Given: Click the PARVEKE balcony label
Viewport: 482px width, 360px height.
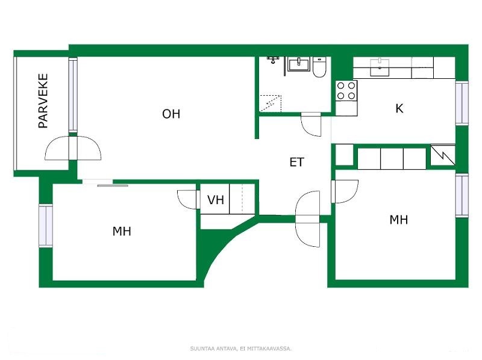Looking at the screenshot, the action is point(43,101).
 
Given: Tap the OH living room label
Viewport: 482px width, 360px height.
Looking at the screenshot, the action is point(171,114).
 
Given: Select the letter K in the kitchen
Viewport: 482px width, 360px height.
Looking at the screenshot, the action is point(399,108).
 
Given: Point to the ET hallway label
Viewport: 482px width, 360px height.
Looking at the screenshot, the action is point(296,162).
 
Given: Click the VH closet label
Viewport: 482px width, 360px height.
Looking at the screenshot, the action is point(216,200).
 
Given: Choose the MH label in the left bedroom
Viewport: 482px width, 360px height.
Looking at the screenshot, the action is point(122,231).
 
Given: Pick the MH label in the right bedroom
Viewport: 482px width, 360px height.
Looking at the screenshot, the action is point(399,220).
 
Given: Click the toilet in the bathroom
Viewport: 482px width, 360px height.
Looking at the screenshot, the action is point(319,67).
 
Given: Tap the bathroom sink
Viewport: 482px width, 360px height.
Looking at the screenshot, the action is point(298,64).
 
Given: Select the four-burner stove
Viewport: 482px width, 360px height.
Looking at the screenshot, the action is point(346,91).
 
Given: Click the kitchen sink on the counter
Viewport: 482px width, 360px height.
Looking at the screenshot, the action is point(380,67).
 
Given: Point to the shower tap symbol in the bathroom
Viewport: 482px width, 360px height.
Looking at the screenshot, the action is point(273,60).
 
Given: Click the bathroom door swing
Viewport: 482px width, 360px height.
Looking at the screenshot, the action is point(311,125).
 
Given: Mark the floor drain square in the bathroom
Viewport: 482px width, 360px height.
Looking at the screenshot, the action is point(271,104).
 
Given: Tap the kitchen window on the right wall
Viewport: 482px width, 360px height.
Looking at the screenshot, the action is point(462,103).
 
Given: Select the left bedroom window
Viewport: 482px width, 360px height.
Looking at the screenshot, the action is point(46,226).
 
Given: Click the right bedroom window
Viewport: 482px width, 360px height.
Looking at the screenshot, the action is point(462,196).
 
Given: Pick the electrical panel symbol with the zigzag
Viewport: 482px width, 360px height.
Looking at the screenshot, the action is point(443,155).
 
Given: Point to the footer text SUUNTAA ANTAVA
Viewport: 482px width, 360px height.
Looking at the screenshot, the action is point(214,349).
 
